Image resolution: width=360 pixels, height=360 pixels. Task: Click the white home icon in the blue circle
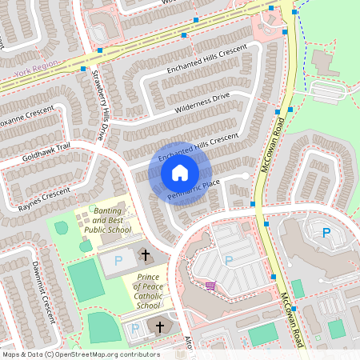pos(180,172)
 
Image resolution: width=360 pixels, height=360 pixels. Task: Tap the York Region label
pos(36,74)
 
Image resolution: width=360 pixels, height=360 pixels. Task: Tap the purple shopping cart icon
pos(210,285)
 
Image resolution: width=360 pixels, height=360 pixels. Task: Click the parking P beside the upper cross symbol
pos(119,261)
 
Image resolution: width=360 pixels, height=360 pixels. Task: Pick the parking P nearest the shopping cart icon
pos(228,260)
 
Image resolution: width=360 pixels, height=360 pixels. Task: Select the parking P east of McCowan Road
pos(326,233)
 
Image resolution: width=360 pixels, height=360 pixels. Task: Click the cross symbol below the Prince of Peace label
pos(159,327)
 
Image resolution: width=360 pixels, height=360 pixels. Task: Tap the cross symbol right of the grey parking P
pos(145,255)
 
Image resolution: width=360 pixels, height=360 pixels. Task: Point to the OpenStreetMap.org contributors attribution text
pos(104,354)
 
